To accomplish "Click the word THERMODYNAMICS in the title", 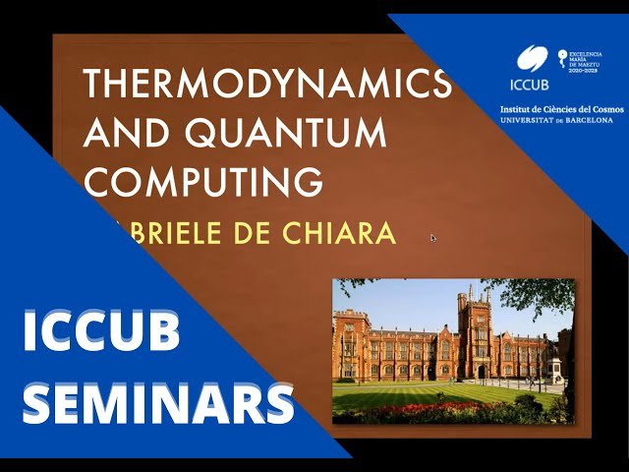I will [267, 86].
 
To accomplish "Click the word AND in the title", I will [128, 134].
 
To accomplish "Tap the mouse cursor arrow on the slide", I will [432, 237].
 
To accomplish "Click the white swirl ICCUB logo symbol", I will [532, 57].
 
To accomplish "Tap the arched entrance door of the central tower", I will [480, 371].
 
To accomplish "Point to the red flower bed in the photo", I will [432, 409].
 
